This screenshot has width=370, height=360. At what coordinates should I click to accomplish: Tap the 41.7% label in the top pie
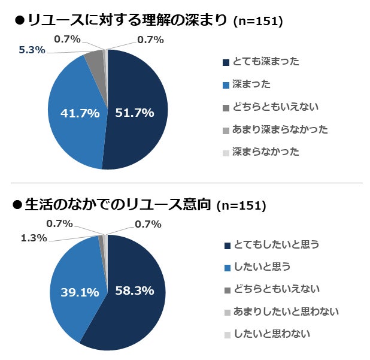pyautogui.click(x=80, y=113)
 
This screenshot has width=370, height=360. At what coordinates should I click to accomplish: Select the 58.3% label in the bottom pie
pyautogui.click(x=135, y=291)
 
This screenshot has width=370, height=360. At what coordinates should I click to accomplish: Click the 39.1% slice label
pyautogui.click(x=80, y=292)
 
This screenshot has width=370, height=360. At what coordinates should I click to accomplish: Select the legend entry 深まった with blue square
pyautogui.click(x=250, y=84)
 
